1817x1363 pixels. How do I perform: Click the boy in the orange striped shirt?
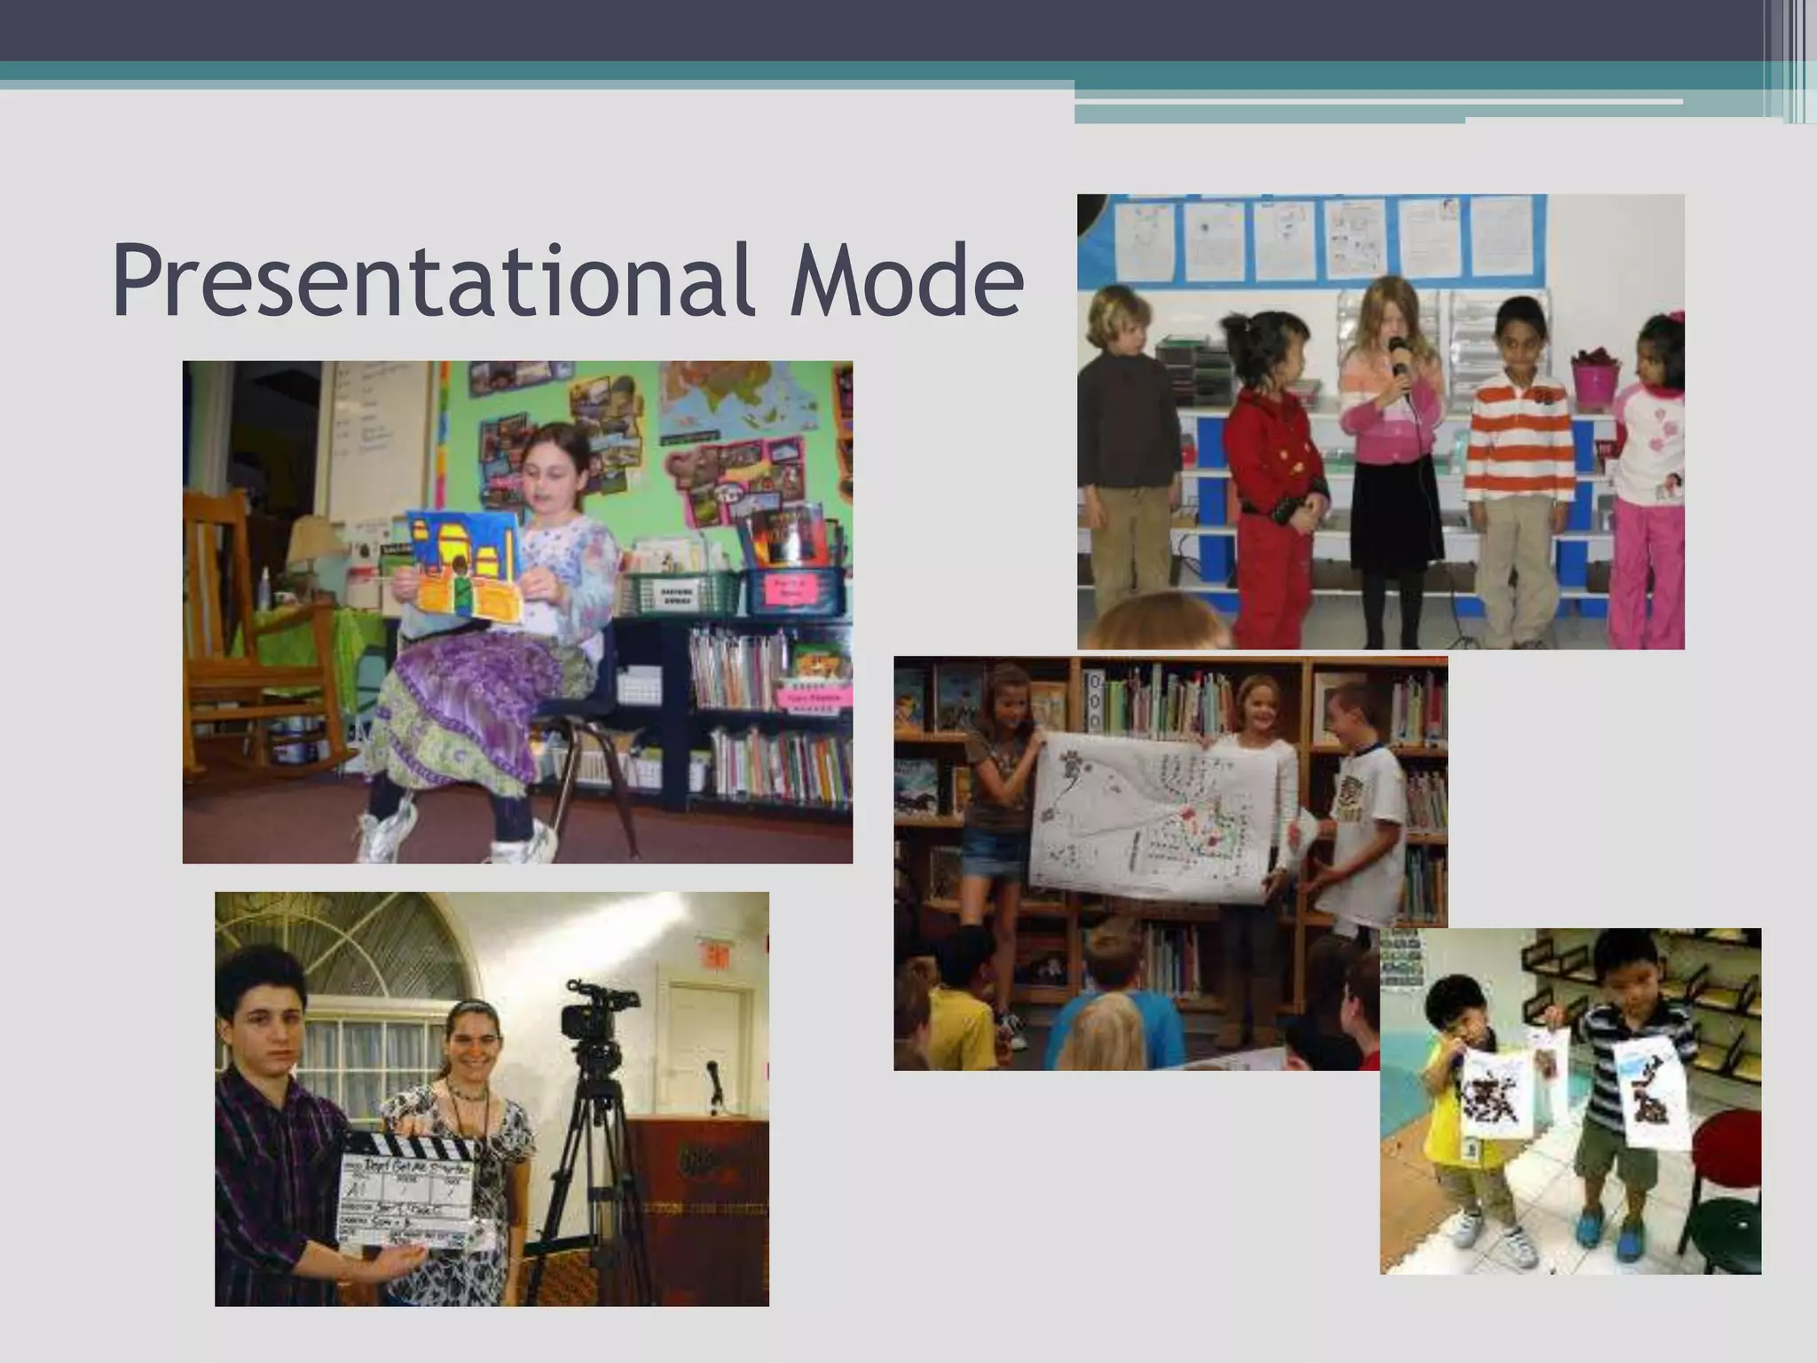[x=1519, y=470]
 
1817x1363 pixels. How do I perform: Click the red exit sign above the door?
[x=717, y=956]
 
